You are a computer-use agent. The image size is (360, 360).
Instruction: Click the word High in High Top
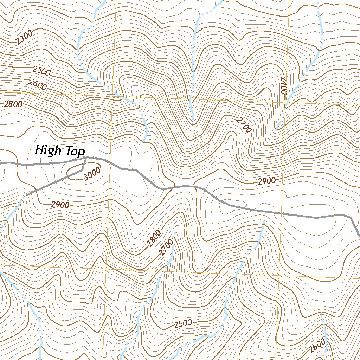[48, 151]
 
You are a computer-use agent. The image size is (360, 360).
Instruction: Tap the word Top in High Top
[74, 152]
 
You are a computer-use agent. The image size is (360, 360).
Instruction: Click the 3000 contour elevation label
[92, 174]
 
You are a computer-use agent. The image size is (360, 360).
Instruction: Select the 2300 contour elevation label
[24, 37]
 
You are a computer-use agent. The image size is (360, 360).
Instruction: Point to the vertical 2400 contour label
[283, 85]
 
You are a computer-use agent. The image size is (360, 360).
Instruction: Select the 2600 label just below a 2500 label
[38, 85]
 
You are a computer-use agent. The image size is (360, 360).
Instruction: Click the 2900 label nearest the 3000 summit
[60, 205]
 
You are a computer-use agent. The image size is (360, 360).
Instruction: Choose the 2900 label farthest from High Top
[266, 181]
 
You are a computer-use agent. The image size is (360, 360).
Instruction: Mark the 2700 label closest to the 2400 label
[244, 126]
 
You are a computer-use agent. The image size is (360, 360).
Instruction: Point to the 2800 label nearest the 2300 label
[13, 104]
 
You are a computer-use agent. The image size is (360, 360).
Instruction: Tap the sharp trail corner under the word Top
[86, 158]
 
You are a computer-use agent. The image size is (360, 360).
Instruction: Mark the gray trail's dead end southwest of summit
[27, 195]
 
